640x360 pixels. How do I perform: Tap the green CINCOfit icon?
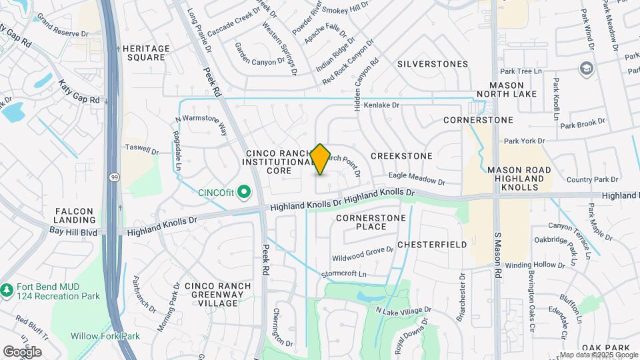(244, 193)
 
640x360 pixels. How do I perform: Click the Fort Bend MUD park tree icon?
(7, 290)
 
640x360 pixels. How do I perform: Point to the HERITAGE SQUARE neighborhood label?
(143, 53)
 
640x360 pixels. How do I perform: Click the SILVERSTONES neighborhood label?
(432, 64)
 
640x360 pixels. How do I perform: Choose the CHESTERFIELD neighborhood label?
(432, 245)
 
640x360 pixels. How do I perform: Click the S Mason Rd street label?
(497, 256)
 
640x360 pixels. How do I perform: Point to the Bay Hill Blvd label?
(73, 231)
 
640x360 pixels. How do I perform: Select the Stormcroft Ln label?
(344, 274)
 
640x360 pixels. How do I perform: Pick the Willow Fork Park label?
(105, 336)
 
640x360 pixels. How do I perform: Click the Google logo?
(22, 351)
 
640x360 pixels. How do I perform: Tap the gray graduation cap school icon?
(586, 68)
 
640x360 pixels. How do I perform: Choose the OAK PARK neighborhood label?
(605, 348)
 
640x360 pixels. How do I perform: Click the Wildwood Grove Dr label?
(363, 254)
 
